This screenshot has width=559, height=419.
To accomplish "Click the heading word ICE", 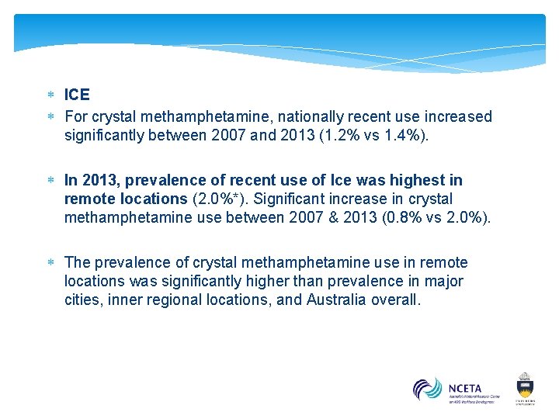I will click(x=77, y=95).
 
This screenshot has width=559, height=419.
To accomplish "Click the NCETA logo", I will click(x=456, y=390).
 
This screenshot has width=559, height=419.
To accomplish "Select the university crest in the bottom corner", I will click(x=526, y=387).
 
